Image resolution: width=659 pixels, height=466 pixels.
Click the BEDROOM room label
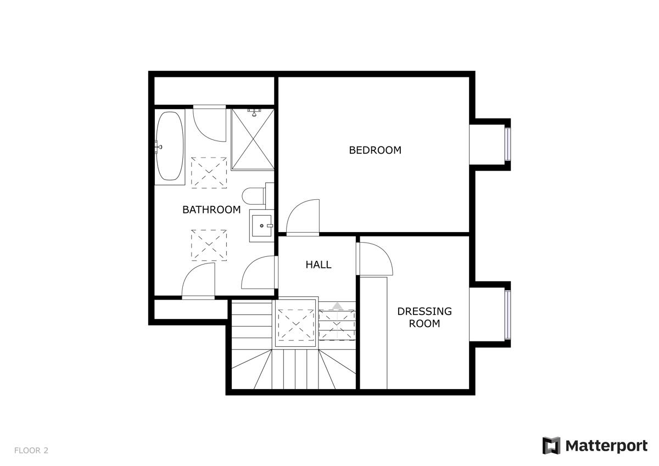pos(375,150)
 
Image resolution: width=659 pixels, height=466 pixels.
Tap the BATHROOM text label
pos(211,210)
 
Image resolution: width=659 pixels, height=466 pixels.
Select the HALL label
pos(319,265)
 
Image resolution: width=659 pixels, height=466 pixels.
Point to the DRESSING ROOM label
pos(424,317)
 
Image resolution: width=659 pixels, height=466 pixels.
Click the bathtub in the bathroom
pos(170,145)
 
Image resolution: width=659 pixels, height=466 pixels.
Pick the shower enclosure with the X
pos(253,139)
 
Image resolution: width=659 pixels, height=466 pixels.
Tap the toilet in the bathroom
pos(254,196)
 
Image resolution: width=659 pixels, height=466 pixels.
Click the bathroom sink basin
pos(261,226)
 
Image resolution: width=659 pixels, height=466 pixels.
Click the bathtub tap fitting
pos(159,146)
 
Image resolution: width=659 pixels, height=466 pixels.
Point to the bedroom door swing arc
pos(303,217)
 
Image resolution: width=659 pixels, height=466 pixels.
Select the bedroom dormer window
pos(508,144)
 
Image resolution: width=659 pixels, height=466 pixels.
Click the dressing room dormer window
pos(508,315)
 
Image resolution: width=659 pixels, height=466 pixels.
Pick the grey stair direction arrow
pos(337,306)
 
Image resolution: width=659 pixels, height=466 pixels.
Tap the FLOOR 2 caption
pos(31,451)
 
